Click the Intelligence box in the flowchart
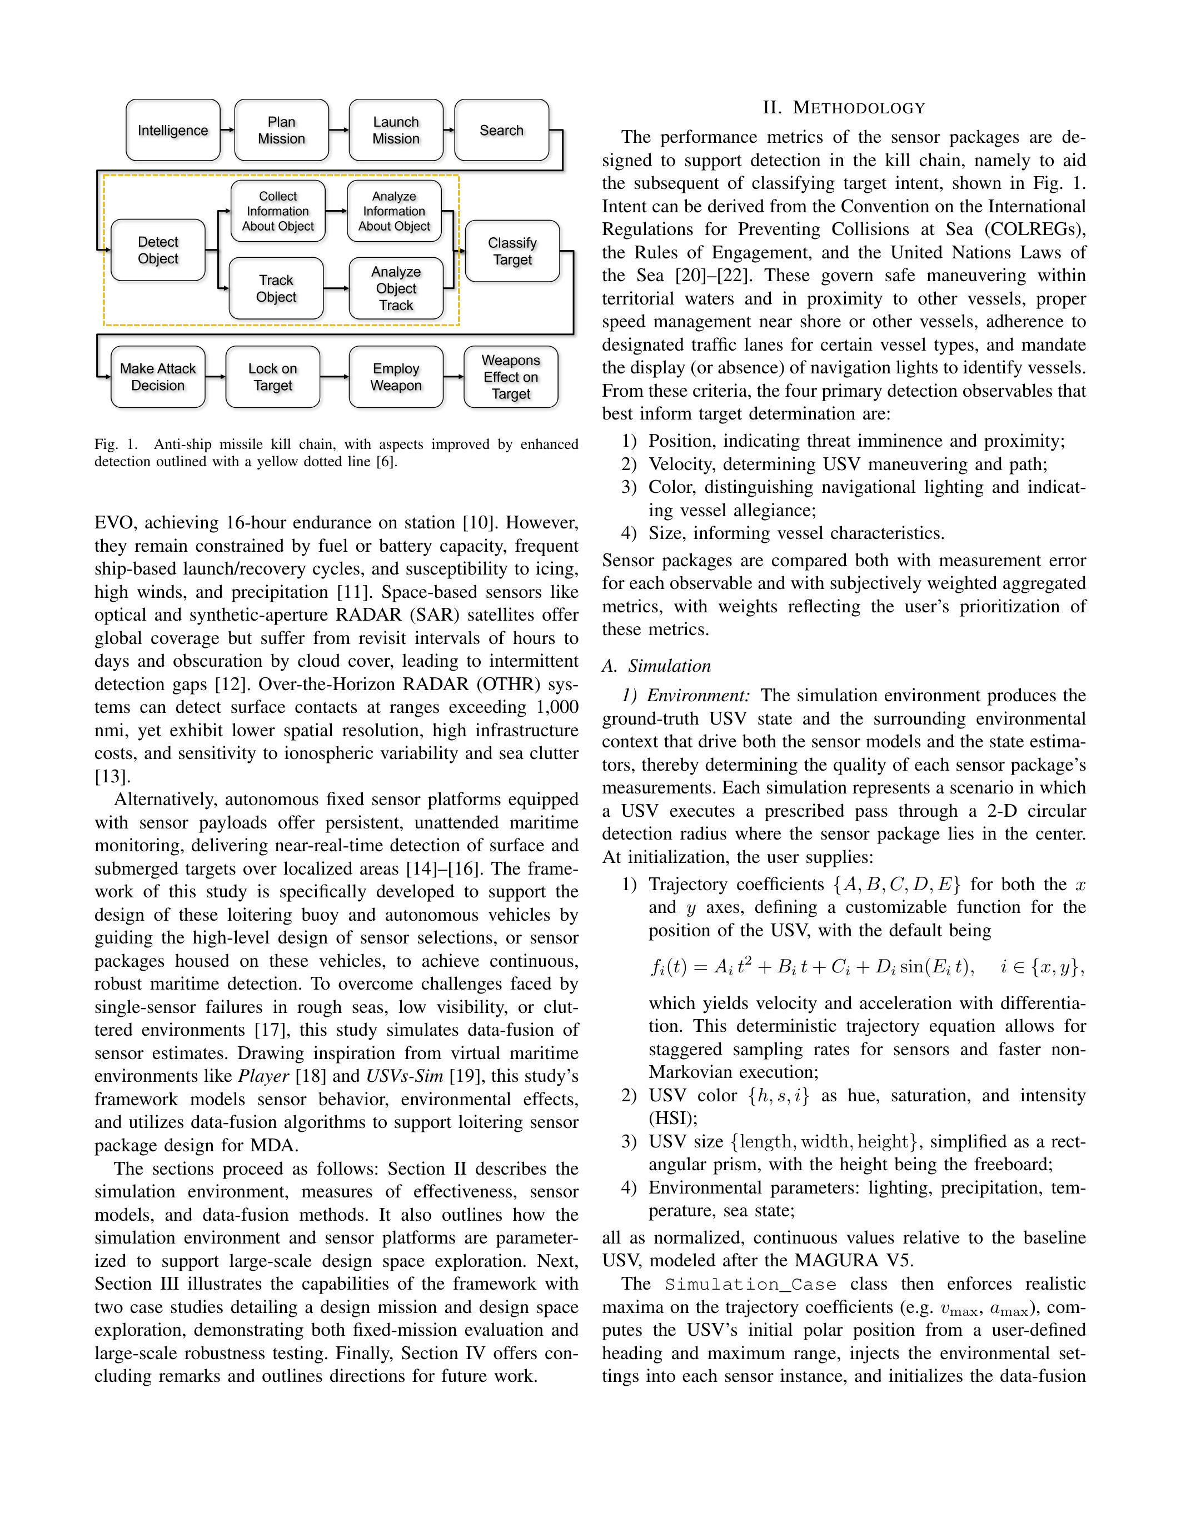click(173, 130)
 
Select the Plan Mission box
click(281, 130)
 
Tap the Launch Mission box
click(396, 130)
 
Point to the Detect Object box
click(158, 250)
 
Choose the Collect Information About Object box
click(278, 211)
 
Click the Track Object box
click(276, 288)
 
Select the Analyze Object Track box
click(396, 288)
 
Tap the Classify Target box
click(512, 251)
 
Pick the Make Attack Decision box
click(158, 377)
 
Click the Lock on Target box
click(273, 377)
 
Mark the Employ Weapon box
click(396, 377)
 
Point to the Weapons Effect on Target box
click(511, 377)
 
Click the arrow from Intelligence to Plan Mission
click(227, 130)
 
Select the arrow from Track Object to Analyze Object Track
click(337, 288)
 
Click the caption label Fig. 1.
click(116, 445)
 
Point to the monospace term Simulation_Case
click(750, 1285)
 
